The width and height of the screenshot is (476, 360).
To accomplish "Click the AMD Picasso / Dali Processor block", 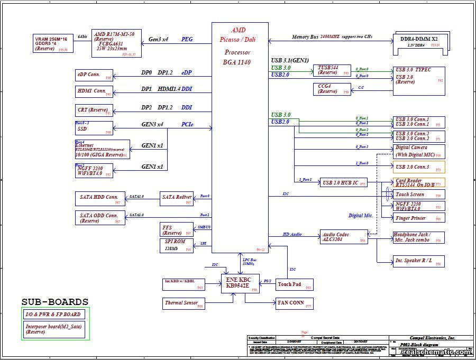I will click(x=240, y=137).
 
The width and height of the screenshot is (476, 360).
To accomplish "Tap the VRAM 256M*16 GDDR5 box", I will click(x=53, y=44).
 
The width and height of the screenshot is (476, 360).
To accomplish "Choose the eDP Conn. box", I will click(x=95, y=75).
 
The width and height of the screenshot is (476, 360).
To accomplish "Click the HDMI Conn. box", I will click(x=95, y=91).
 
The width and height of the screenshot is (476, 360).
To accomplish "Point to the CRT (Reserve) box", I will click(x=95, y=110).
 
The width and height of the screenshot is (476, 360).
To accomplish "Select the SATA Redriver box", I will click(x=177, y=198).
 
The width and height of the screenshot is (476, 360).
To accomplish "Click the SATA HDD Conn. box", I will click(x=100, y=198).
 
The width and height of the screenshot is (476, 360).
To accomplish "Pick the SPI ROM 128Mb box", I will click(x=177, y=245).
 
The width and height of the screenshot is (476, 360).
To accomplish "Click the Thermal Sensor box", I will click(x=183, y=303).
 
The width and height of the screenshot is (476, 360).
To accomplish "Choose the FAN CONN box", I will click(x=294, y=303).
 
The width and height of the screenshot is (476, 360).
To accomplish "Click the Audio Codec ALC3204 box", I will click(x=344, y=237).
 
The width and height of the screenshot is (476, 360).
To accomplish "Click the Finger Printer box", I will click(x=418, y=218).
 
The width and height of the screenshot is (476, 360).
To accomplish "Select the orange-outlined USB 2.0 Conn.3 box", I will click(x=418, y=167).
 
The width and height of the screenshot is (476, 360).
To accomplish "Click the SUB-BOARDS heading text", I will click(x=54, y=302).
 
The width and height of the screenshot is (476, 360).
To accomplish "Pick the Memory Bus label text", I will click(x=305, y=37).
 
